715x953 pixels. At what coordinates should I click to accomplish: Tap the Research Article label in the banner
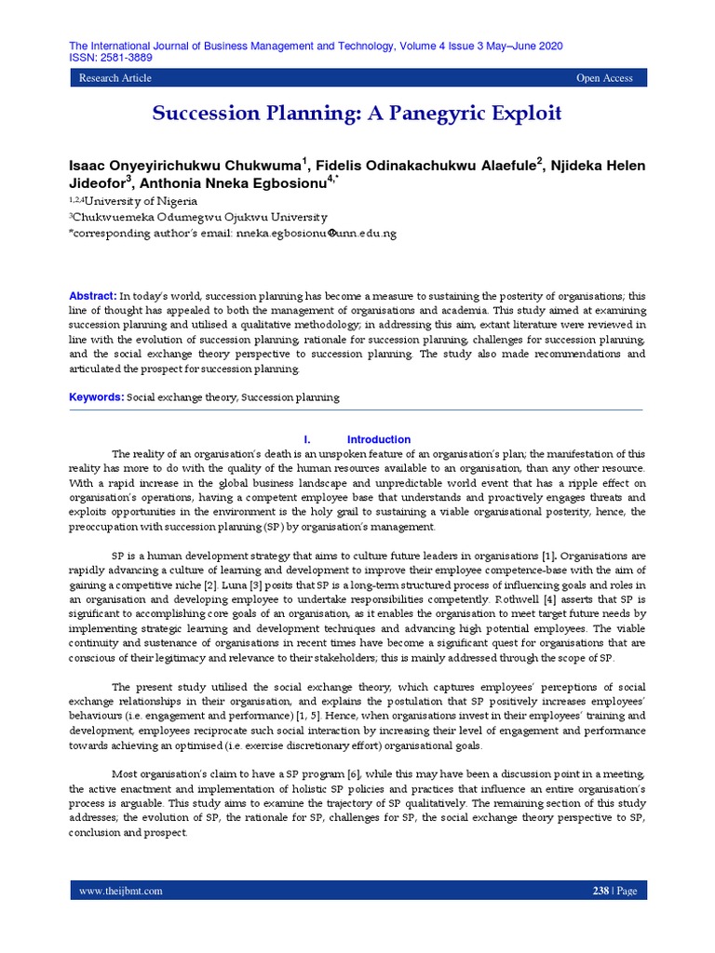115,79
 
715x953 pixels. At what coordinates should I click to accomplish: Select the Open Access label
604,79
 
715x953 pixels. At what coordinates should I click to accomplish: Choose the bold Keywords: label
97,397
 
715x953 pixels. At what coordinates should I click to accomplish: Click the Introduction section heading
378,439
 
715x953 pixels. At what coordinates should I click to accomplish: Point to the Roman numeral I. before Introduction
307,439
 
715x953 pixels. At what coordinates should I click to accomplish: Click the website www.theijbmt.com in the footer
121,891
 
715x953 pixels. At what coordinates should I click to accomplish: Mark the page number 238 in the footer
600,891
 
